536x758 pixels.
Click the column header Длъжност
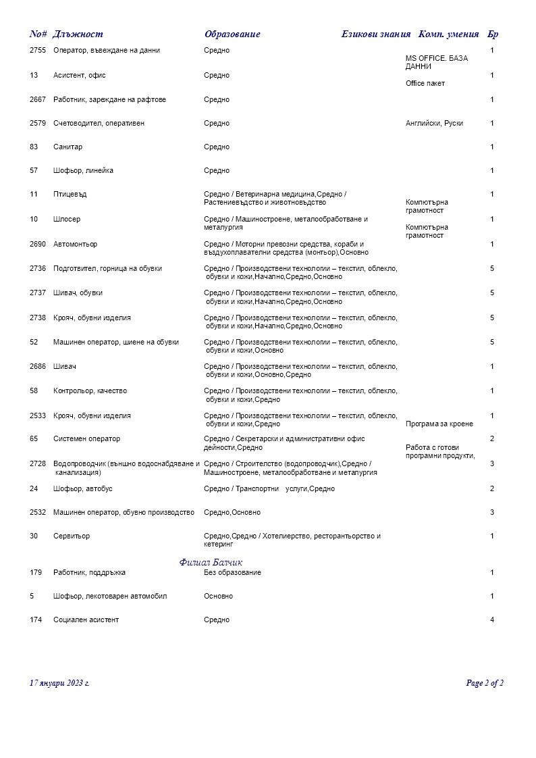pos(78,34)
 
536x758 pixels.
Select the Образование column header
pos(232,34)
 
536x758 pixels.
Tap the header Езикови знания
pos(376,34)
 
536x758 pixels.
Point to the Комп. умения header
pos(449,34)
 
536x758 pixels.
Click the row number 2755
pos(38,51)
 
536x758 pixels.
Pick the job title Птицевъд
pos(70,195)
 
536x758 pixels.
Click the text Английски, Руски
pos(434,124)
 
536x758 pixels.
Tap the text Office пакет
pos(425,84)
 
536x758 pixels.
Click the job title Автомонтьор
pos(75,244)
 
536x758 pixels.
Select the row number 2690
pos(38,244)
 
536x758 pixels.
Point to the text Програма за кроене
pos(439,424)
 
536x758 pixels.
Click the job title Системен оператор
pos(86,439)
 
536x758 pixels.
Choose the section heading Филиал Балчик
pos(211,562)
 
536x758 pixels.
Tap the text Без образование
pos(232,573)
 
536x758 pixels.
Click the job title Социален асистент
pos(86,620)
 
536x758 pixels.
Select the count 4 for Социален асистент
pos(492,620)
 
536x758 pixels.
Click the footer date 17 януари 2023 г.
pos(59,683)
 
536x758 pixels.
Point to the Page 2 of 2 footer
pos(485,683)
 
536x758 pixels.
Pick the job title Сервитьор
pos(72,536)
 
